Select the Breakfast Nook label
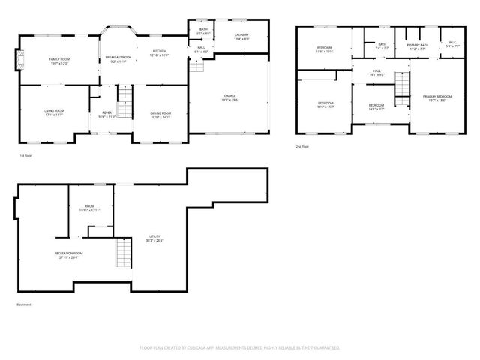(118, 59)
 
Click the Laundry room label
(241, 36)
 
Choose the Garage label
(229, 97)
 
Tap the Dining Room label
(160, 114)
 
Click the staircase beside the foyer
(125, 97)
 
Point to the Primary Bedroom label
(437, 97)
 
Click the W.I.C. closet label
(452, 44)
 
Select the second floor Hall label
(378, 73)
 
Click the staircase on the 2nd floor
(403, 88)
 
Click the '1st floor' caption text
(26, 156)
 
